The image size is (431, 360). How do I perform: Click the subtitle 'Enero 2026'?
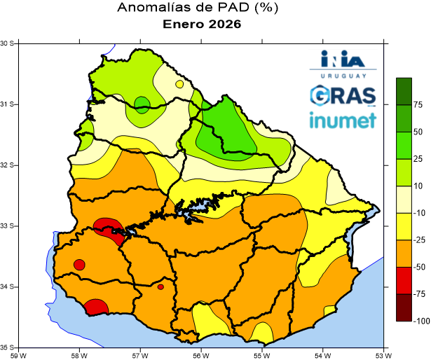tap(202, 25)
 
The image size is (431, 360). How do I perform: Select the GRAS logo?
tap(342, 95)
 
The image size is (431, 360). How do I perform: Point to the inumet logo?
tap(342, 120)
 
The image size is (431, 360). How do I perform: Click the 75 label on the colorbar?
tap(418, 105)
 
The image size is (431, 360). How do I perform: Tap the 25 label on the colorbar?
tap(418, 159)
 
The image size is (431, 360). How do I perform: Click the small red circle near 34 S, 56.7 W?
tap(160, 286)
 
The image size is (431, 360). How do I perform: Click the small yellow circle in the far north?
tap(179, 84)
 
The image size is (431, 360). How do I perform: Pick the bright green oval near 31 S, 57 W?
tap(142, 105)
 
